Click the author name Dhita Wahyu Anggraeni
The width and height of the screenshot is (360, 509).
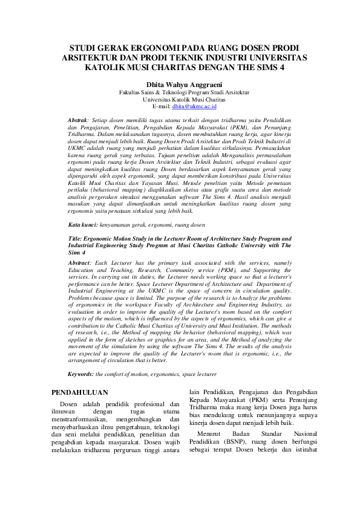click(180, 84)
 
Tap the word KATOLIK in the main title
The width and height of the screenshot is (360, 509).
click(103, 68)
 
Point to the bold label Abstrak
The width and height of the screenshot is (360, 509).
click(78, 121)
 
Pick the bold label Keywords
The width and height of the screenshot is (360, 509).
click(80, 375)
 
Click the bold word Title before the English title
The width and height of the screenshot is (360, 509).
click(76, 238)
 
